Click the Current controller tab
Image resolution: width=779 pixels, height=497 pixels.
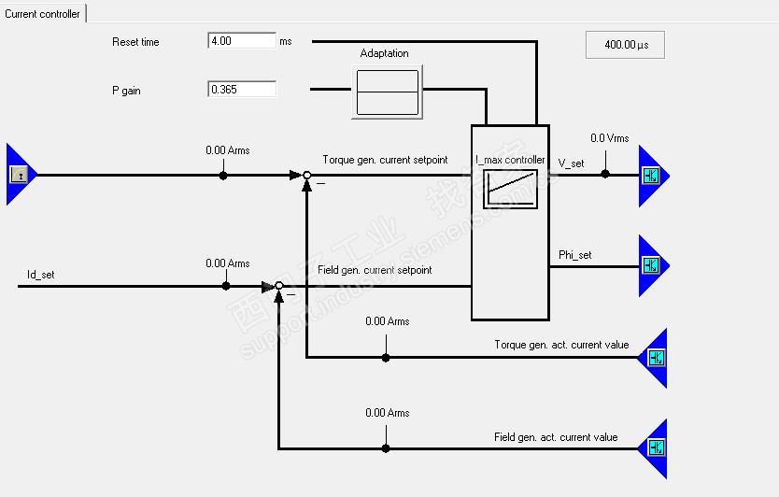click(42, 14)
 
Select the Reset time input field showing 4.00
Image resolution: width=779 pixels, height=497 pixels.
click(242, 41)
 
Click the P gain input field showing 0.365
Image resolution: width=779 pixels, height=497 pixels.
click(242, 90)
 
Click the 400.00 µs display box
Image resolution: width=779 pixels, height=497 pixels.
click(625, 45)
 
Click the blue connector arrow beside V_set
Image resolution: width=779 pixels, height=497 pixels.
click(652, 176)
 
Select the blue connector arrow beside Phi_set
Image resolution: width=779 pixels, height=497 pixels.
click(652, 265)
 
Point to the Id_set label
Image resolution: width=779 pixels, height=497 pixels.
click(40, 275)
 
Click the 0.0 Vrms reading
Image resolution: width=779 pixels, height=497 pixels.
click(610, 138)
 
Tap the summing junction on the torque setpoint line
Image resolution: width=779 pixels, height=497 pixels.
click(306, 175)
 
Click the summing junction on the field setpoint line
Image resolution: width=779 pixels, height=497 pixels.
click(279, 287)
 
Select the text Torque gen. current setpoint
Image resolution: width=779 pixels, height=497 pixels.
click(385, 160)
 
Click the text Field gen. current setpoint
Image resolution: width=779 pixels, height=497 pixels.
click(375, 270)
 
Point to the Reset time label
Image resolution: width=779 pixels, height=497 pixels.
click(135, 42)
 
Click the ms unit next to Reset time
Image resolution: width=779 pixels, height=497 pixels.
click(285, 42)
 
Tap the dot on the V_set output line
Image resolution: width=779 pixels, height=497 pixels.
click(605, 175)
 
